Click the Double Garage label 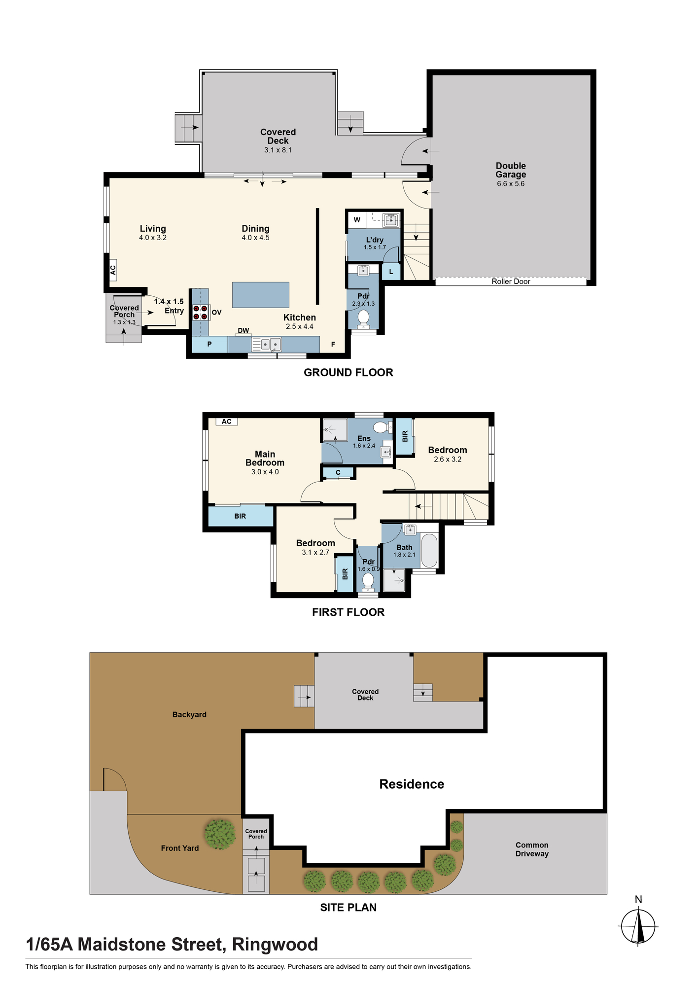[511, 174]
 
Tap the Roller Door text [511, 282]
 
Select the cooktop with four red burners [200, 312]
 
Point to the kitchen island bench [260, 295]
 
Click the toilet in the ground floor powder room [363, 318]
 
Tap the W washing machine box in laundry [357, 220]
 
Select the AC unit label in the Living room [113, 270]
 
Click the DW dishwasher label [244, 330]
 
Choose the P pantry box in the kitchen [209, 344]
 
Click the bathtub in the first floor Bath [429, 550]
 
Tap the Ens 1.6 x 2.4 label [364, 442]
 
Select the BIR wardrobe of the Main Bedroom [240, 516]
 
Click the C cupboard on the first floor [338, 472]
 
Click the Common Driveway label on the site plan [532, 849]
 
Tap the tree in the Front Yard [220, 834]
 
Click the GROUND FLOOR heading [348, 373]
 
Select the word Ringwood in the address [275, 944]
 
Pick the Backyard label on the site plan [189, 714]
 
